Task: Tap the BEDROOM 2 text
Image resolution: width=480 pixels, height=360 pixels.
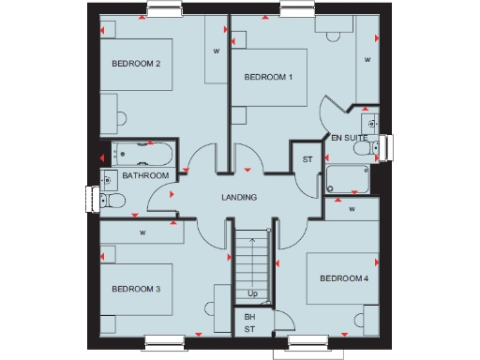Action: pyautogui.click(x=136, y=64)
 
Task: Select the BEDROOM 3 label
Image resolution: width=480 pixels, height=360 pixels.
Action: pyautogui.click(x=136, y=289)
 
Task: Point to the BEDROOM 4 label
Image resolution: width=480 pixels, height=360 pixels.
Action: pyautogui.click(x=343, y=278)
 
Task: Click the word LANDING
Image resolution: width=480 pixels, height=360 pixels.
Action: pyautogui.click(x=239, y=197)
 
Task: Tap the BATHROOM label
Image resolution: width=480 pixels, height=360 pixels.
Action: pyautogui.click(x=145, y=175)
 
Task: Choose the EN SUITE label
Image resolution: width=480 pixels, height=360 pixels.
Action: pyautogui.click(x=349, y=138)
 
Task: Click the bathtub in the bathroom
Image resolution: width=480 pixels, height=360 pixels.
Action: pyautogui.click(x=141, y=153)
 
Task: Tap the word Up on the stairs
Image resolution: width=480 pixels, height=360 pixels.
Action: pyautogui.click(x=252, y=293)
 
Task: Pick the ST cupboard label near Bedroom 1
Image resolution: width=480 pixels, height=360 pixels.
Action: pyautogui.click(x=307, y=159)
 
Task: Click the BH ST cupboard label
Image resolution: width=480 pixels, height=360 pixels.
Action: pyautogui.click(x=249, y=323)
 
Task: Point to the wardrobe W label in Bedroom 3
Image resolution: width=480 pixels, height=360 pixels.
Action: pyautogui.click(x=142, y=232)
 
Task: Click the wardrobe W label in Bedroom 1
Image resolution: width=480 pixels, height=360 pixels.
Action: pyautogui.click(x=367, y=61)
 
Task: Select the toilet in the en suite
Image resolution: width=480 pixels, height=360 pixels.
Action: pyautogui.click(x=375, y=145)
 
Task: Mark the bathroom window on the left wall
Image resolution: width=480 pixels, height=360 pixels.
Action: pyautogui.click(x=91, y=198)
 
